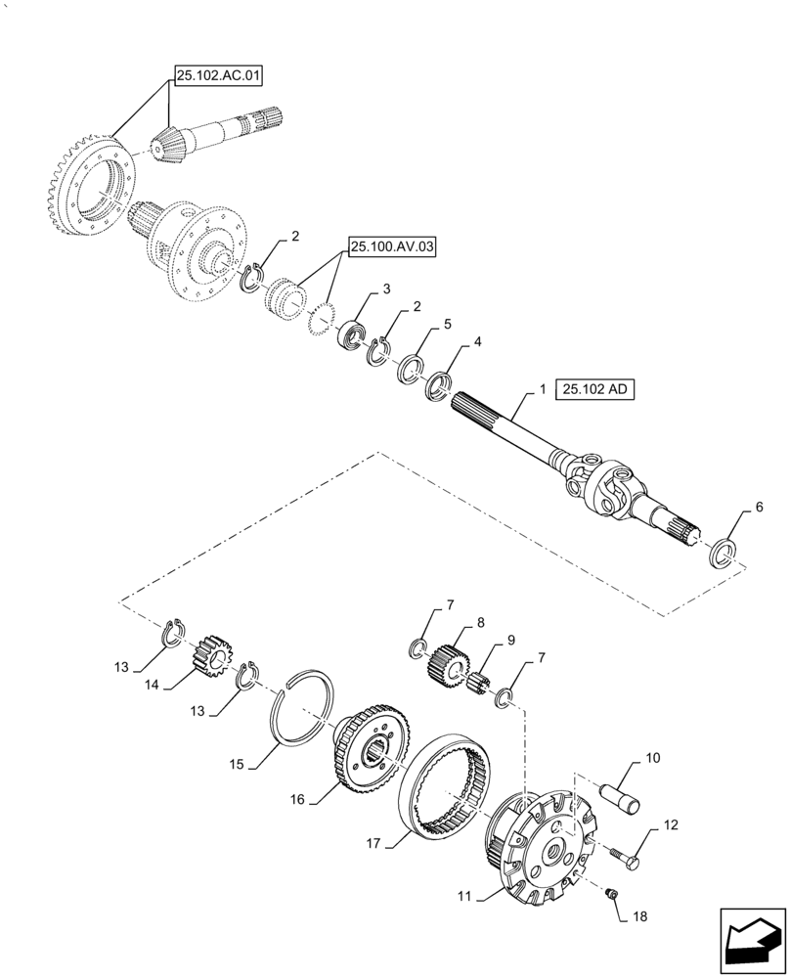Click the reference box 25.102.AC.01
219,74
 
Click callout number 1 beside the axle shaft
541,390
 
